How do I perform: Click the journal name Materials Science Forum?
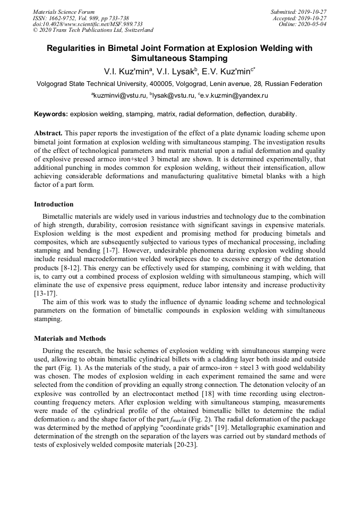click(x=64, y=12)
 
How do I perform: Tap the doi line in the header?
click(x=88, y=24)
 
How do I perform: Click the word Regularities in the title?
click(x=75, y=48)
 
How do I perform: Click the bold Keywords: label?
click(x=51, y=114)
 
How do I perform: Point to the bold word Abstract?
click(x=48, y=133)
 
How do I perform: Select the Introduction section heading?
click(x=54, y=204)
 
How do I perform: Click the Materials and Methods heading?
click(x=70, y=338)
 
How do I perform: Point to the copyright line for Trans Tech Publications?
click(x=93, y=31)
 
